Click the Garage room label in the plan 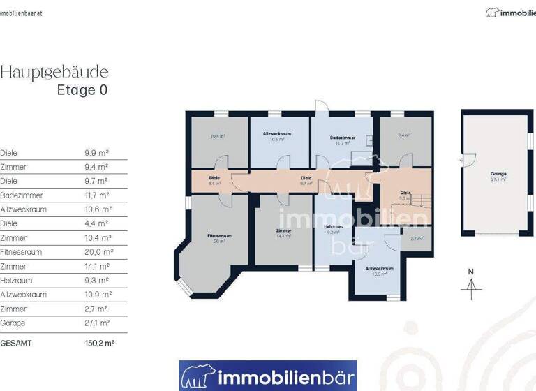point(498,175)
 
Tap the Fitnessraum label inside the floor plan point(218,237)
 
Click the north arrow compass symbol point(472,283)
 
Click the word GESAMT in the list point(15,344)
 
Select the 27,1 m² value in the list point(96,323)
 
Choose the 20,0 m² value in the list point(96,252)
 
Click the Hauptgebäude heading point(54,72)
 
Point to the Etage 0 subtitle point(82,90)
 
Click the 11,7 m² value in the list point(96,195)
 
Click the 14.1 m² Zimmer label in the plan point(283,233)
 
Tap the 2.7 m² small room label point(417,239)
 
